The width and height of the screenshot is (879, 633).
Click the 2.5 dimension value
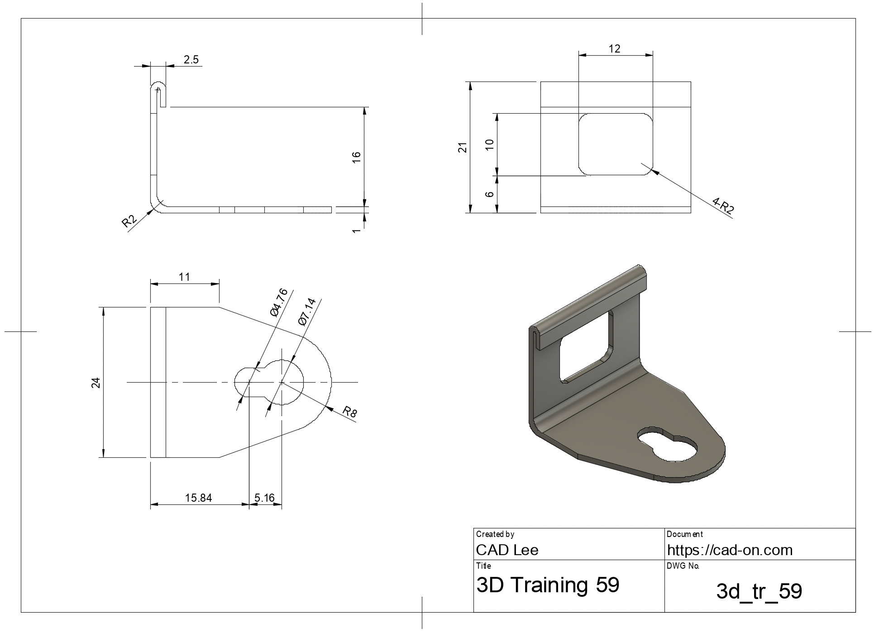pos(191,60)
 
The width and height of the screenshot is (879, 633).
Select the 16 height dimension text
pos(357,157)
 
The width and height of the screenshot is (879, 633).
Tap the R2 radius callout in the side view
pos(129,221)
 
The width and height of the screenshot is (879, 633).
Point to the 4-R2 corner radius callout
pos(723,206)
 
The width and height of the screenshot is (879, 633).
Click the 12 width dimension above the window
pos(614,48)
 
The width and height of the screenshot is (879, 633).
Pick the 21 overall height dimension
pos(463,147)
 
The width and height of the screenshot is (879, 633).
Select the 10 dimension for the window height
pos(489,144)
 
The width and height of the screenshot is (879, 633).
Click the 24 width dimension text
pos(96,383)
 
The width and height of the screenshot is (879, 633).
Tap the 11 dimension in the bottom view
pos(184,277)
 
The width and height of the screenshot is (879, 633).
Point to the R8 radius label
pos(349,412)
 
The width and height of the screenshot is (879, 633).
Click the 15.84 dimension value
pos(198,498)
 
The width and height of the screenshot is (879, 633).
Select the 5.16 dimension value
pos(265,498)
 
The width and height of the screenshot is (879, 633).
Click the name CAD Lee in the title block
pos(507,550)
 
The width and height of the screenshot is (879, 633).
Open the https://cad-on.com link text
pos(730,550)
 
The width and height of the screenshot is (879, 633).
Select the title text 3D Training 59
pos(548,585)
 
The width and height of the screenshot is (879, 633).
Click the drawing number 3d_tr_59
pos(759,591)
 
